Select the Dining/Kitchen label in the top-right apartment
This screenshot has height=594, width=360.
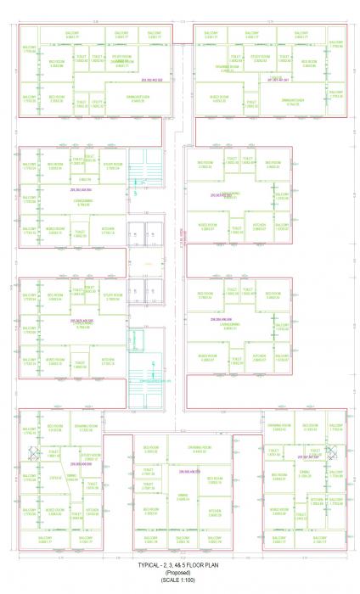click(x=291, y=99)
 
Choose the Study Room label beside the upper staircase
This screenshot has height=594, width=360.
click(x=113, y=165)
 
